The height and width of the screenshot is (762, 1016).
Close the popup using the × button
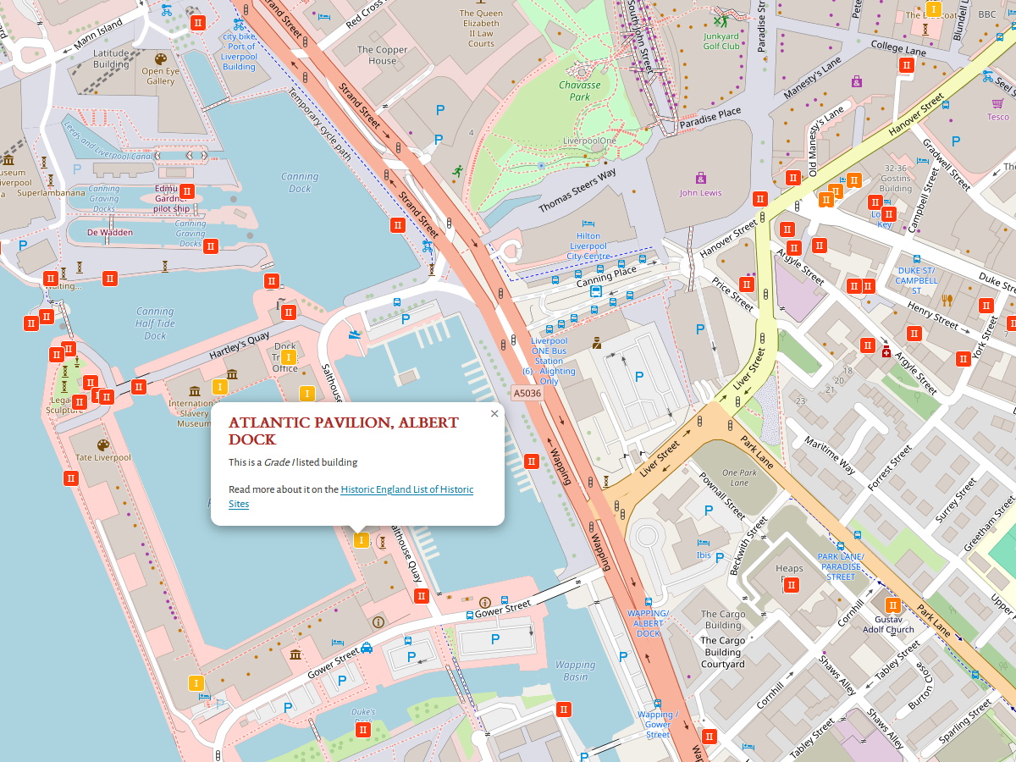[x=494, y=414]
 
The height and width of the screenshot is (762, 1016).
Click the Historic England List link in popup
[x=406, y=489]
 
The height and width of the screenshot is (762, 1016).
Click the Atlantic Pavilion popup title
[x=343, y=431]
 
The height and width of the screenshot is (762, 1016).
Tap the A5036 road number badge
[x=526, y=394]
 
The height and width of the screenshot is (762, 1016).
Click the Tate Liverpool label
[x=103, y=457]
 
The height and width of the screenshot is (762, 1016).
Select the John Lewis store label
[x=700, y=192]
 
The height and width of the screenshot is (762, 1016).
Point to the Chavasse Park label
[x=579, y=91]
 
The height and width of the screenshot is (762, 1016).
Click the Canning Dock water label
[x=300, y=182]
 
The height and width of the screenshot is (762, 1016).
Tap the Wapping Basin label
[x=576, y=671]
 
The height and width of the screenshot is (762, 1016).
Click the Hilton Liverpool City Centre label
[x=588, y=246]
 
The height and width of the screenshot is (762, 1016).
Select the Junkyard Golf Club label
[x=721, y=41]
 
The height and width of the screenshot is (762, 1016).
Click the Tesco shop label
[x=998, y=116]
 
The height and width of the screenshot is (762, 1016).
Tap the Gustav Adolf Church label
[x=888, y=625]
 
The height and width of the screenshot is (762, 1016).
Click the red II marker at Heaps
[x=792, y=585]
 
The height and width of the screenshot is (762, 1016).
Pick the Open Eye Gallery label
[x=160, y=76]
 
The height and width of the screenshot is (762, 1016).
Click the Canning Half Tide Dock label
[x=155, y=323]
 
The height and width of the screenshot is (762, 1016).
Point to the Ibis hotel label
[x=704, y=555]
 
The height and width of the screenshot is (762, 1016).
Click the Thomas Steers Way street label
[x=577, y=191]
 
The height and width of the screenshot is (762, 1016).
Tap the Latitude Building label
[x=111, y=58]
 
